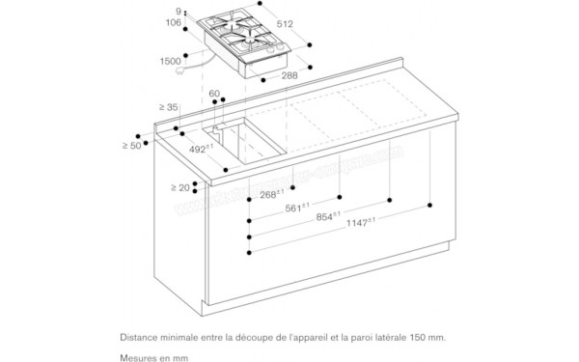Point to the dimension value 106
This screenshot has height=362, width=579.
173,23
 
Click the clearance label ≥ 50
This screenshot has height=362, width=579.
132,145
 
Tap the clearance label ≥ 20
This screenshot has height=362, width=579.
180,187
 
